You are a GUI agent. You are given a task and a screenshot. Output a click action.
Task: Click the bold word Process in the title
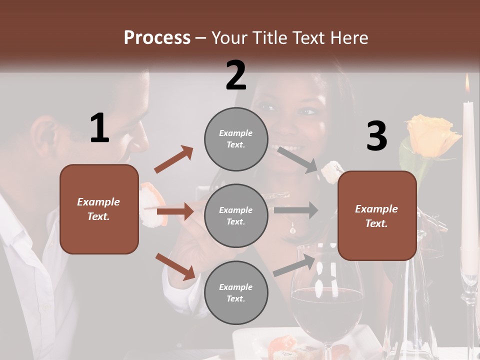click(157, 38)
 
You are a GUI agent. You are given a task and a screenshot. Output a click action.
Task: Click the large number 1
click(99, 128)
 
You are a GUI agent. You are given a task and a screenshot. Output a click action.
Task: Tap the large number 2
click(236, 75)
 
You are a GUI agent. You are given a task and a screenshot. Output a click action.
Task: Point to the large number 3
click(376, 136)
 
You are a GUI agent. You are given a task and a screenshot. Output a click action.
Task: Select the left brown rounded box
click(99, 209)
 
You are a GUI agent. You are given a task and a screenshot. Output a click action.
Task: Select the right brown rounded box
click(377, 216)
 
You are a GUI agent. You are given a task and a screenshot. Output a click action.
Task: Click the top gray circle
click(235, 138)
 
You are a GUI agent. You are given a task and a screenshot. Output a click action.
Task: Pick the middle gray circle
click(235, 215)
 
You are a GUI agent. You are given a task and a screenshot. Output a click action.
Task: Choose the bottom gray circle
click(235, 292)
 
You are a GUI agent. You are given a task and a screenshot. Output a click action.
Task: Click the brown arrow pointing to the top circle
click(174, 159)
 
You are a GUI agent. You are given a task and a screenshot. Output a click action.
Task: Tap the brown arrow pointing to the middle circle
click(175, 211)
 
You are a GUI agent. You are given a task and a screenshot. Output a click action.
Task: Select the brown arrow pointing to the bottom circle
click(175, 266)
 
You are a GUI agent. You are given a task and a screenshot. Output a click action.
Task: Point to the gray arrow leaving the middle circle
click(296, 210)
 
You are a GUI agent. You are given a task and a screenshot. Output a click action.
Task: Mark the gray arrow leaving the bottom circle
click(295, 265)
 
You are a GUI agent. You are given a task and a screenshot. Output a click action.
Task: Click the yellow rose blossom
click(432, 135)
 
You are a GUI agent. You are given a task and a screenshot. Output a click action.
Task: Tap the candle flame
click(467, 84)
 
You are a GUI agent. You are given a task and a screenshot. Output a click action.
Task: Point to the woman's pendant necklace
click(292, 229)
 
